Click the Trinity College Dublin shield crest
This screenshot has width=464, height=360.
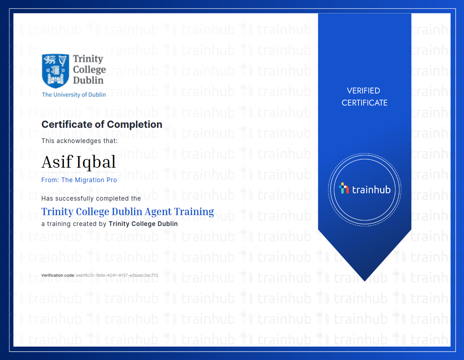55,71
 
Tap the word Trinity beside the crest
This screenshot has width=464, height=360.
88,59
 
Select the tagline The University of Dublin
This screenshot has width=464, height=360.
74,95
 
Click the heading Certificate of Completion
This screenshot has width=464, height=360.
102,125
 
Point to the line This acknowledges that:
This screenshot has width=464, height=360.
79,141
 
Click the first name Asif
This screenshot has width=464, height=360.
57,162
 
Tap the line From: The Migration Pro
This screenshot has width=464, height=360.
79,180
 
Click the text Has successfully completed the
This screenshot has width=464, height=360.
91,198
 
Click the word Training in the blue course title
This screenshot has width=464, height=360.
194,212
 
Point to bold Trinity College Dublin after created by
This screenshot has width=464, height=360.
143,224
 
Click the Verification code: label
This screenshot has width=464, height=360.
58,275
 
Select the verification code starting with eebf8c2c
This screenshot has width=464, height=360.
117,275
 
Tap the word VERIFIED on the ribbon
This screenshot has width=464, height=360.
363,91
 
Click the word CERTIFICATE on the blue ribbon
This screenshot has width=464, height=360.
364,103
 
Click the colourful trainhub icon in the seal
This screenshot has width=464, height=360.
344,188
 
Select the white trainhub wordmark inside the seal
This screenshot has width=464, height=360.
371,190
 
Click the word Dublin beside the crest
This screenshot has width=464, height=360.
88,80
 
